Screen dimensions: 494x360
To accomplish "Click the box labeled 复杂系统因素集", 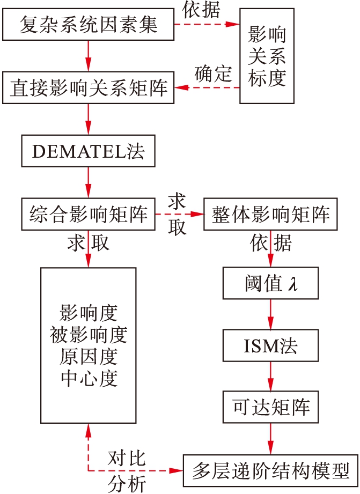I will coord(89,24).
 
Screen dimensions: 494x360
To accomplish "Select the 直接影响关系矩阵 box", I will coord(89,87).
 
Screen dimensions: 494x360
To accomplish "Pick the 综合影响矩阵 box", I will coord(89,215).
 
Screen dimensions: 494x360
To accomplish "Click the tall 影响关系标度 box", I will coord(267,55).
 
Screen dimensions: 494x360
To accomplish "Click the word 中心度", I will coord(89,378).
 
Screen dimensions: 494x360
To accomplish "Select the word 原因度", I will coord(89,357).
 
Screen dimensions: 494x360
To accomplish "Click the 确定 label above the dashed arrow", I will coord(212,73).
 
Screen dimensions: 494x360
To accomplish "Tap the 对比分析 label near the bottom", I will coord(127,471).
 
